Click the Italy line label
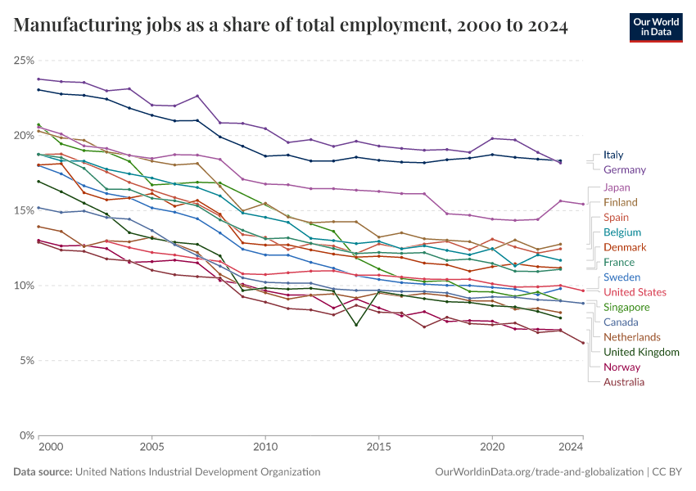click(612, 155)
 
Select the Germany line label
click(624, 169)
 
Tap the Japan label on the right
click(616, 187)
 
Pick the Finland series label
click(620, 202)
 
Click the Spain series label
click(616, 218)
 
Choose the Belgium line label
click(622, 232)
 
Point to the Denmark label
click(625, 247)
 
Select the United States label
click(635, 292)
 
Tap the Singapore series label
click(626, 307)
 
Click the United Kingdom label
click(641, 352)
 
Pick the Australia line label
click(623, 382)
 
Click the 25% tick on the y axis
click(24, 61)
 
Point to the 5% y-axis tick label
click(26, 361)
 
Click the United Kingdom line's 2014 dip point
click(356, 325)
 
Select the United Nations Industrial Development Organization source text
click(197, 472)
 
